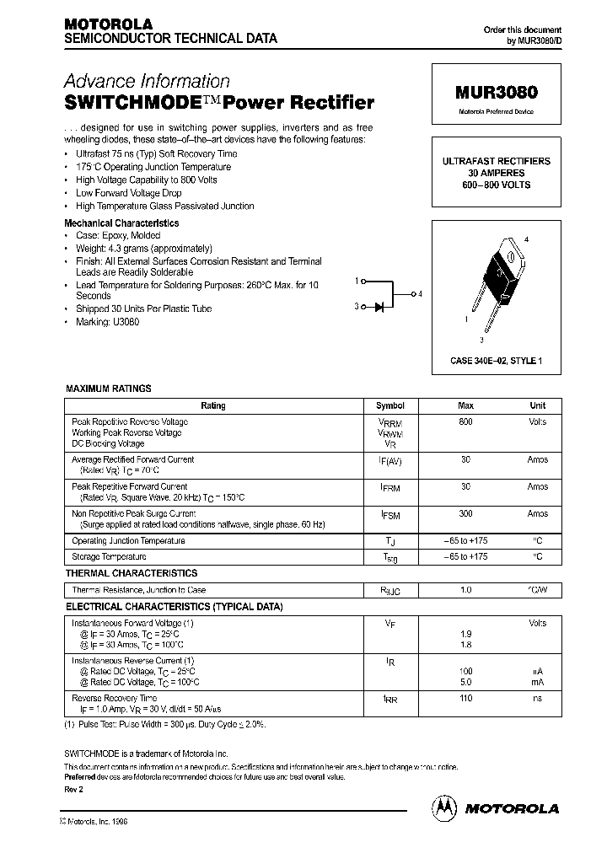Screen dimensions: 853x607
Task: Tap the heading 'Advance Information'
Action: tap(147, 82)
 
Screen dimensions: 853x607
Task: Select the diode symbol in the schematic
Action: tap(379, 307)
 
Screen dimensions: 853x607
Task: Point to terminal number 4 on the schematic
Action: tap(419, 293)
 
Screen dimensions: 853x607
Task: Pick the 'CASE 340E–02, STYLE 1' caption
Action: tap(496, 361)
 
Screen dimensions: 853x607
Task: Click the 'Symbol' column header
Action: tap(390, 405)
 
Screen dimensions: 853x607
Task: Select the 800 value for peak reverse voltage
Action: tap(465, 421)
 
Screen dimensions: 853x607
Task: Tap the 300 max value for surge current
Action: tap(465, 513)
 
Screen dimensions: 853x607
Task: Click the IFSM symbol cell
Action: tap(390, 515)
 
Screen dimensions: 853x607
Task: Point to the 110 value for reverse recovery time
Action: tap(465, 698)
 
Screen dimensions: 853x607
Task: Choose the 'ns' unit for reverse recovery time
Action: tap(537, 698)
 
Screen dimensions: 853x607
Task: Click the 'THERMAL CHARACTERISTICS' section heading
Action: tap(132, 573)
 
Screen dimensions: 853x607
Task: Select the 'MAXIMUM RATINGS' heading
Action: tap(109, 389)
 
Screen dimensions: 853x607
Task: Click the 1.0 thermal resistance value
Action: tap(465, 590)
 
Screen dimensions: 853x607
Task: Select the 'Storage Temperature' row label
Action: tap(110, 556)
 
